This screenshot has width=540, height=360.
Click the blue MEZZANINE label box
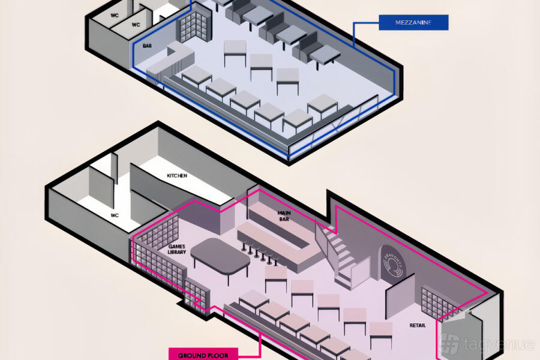tap(413, 23)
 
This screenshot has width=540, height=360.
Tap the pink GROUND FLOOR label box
tap(203, 353)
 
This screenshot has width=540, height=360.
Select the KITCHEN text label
tap(177, 176)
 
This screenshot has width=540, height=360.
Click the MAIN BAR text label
tap(284, 216)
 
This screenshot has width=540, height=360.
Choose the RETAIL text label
tap(418, 325)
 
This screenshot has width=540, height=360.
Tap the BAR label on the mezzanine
tap(147, 46)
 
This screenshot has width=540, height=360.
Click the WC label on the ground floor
tap(116, 214)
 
